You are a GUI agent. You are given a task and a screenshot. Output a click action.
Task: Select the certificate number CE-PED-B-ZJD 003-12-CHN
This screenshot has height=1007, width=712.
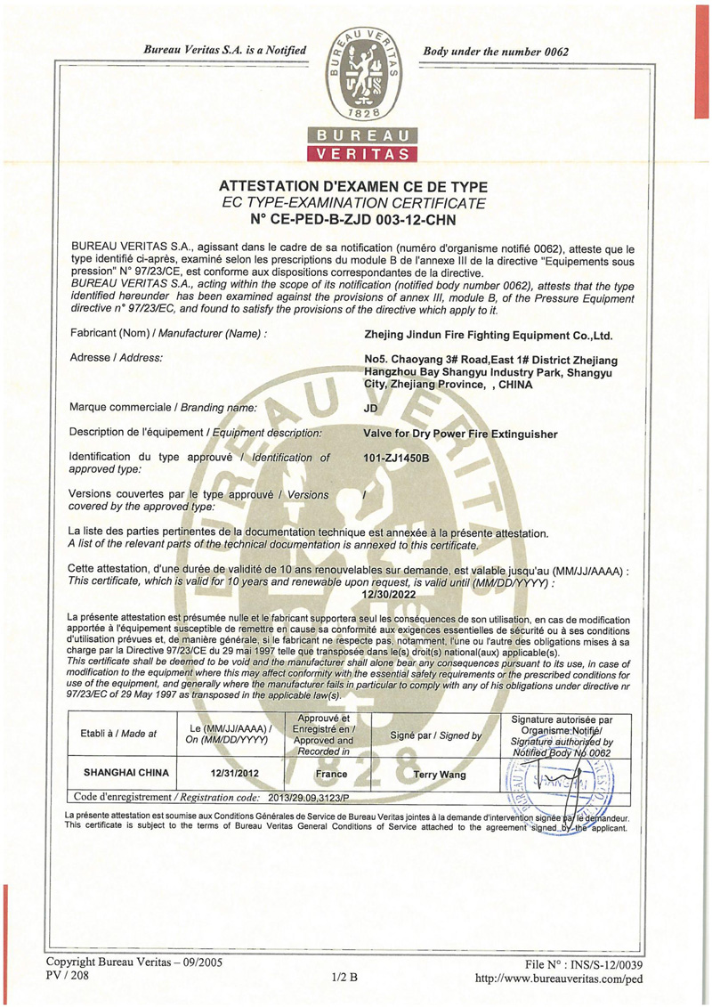[365, 218]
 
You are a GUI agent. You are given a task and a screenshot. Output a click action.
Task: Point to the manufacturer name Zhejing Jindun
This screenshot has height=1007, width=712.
[489, 335]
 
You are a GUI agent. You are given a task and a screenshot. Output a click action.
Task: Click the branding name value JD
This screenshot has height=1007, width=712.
[371, 409]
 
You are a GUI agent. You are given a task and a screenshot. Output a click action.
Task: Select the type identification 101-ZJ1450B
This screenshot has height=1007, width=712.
[397, 459]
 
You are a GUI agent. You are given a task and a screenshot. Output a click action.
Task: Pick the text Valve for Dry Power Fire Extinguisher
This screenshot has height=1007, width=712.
[461, 434]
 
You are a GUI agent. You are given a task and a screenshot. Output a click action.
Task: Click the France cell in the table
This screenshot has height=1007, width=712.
[332, 775]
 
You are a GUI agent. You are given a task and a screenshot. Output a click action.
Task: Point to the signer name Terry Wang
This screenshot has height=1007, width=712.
[441, 775]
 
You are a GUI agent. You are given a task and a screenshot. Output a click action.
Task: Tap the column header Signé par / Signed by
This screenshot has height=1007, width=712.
[436, 735]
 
